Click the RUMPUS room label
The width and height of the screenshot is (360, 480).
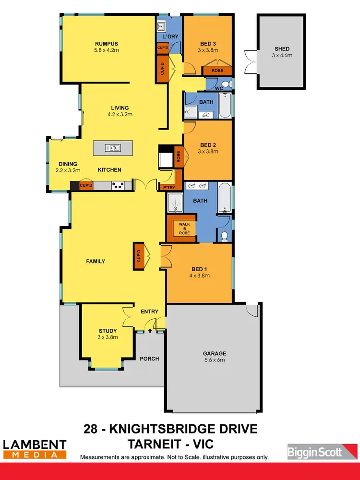(x=106, y=42)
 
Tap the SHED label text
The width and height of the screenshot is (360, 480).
(x=282, y=48)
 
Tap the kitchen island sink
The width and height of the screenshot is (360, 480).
(x=113, y=148)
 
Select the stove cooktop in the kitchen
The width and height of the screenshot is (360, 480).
(x=118, y=184)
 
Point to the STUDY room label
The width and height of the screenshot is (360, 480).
(x=108, y=331)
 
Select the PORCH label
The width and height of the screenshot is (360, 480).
(x=149, y=359)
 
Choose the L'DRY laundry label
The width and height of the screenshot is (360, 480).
(x=170, y=36)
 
